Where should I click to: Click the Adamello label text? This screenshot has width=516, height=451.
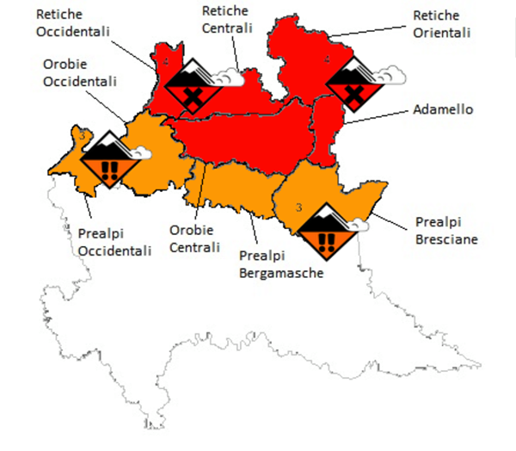(x=442, y=111)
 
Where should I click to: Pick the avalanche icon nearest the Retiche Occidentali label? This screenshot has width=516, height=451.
(x=193, y=85)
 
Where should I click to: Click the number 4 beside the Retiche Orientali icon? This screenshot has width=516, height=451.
(x=327, y=60)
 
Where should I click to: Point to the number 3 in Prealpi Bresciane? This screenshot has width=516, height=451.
(x=298, y=207)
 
